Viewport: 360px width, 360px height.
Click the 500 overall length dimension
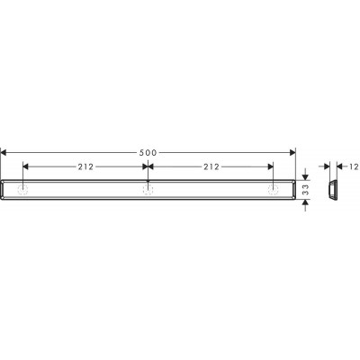point(148,153)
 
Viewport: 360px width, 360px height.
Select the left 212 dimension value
point(85,166)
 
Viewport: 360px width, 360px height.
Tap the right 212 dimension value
point(211,166)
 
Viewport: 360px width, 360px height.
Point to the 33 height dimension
point(305,190)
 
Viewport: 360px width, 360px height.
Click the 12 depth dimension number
point(355,166)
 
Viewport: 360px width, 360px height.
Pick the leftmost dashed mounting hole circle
point(23,190)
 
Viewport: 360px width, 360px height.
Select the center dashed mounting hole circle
point(148,190)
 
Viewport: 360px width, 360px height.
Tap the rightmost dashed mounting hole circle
point(273,190)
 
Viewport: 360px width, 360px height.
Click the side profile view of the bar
point(333,190)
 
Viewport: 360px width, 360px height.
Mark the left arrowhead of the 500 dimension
point(4,153)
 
